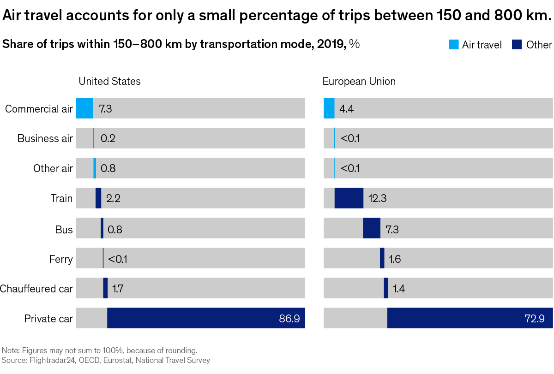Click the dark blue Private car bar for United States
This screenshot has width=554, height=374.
pos(206,318)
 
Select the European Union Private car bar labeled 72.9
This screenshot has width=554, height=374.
pos(470,318)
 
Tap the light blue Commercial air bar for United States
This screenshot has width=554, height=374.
pos(84,108)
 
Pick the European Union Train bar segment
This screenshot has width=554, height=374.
pos(349,198)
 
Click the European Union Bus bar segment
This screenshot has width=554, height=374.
pos(372,228)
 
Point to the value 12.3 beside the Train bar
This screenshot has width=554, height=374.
pos(377,199)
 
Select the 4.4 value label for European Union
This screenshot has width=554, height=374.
pos(346,109)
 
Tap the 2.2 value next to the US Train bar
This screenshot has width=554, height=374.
pos(113,199)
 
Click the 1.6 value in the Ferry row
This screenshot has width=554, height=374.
pos(395,259)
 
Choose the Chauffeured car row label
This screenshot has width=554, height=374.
pos(36,289)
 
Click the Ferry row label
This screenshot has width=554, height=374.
pos(61,259)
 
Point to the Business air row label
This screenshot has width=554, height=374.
pos(45,138)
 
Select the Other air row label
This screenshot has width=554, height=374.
pos(53,168)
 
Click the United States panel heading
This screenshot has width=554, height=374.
pos(109,82)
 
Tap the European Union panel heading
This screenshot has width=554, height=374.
pos(359,82)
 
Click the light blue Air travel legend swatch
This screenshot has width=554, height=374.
pos(453,45)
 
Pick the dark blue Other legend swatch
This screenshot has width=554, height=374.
pos(517,45)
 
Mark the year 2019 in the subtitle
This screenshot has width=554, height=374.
pos(331,44)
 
